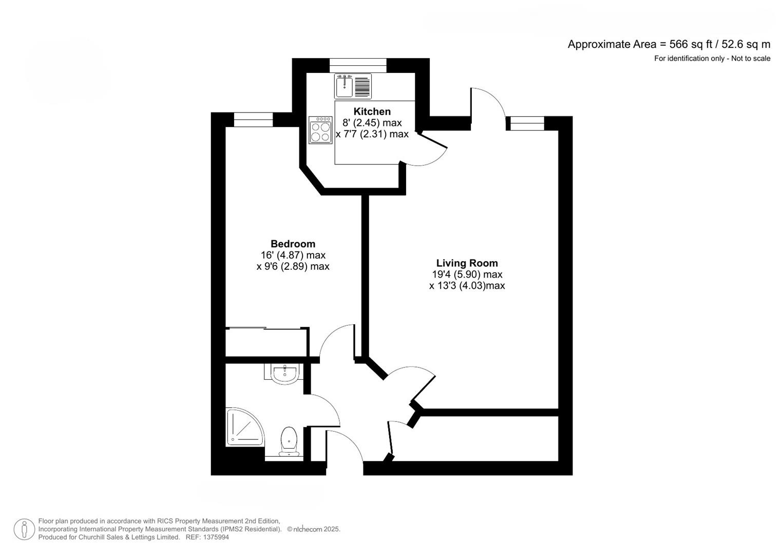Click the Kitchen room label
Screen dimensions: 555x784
(372, 112)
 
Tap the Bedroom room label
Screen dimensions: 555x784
(293, 244)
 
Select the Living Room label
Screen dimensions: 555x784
(467, 263)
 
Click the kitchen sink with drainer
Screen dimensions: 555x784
(352, 86)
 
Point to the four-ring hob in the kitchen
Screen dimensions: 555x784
(320, 129)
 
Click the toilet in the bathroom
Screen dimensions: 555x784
(289, 441)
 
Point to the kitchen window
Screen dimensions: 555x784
(357, 65)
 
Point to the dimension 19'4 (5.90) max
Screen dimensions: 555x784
(467, 274)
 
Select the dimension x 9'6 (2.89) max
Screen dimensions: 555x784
(293, 266)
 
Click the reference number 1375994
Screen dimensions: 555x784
(216, 537)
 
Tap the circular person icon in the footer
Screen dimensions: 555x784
(24, 529)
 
